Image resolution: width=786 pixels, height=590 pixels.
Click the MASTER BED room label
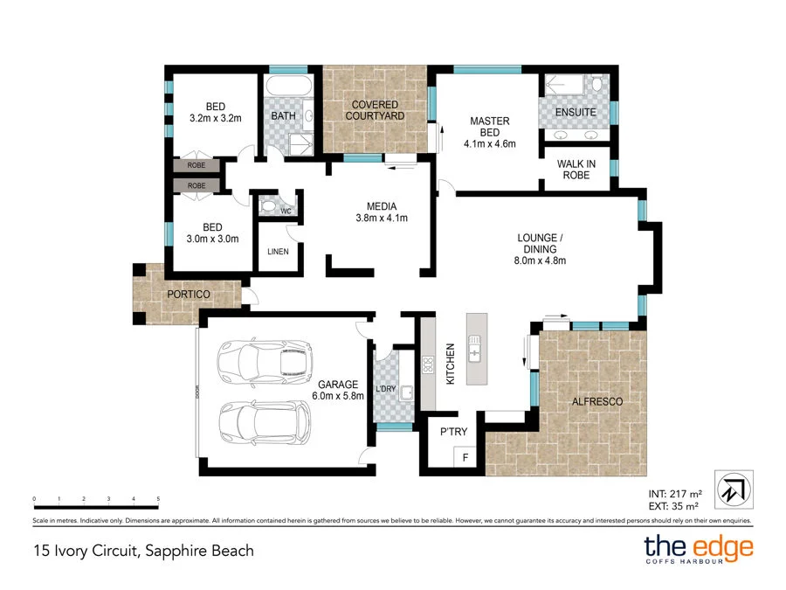tap(489, 128)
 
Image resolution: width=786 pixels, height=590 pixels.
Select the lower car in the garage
tap(265, 423)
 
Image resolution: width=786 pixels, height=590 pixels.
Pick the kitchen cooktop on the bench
tap(429, 364)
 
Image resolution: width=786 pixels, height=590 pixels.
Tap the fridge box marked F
tap(465, 456)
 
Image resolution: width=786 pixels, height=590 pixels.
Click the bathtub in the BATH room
tap(287, 89)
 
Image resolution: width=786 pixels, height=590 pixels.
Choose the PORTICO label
tap(189, 295)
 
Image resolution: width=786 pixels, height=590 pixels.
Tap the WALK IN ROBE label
tap(576, 170)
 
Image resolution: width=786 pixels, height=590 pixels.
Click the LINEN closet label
tap(279, 253)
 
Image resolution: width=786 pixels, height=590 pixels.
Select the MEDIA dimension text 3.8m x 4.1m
tap(382, 219)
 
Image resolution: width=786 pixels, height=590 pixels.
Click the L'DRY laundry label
tap(386, 388)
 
